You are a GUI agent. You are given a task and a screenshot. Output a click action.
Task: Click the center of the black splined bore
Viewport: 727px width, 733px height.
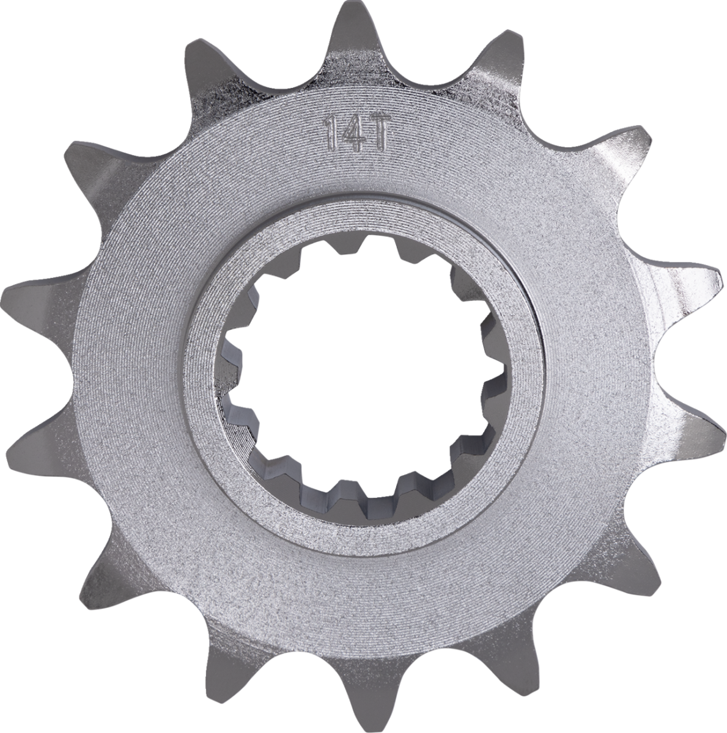(x=365, y=366)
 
